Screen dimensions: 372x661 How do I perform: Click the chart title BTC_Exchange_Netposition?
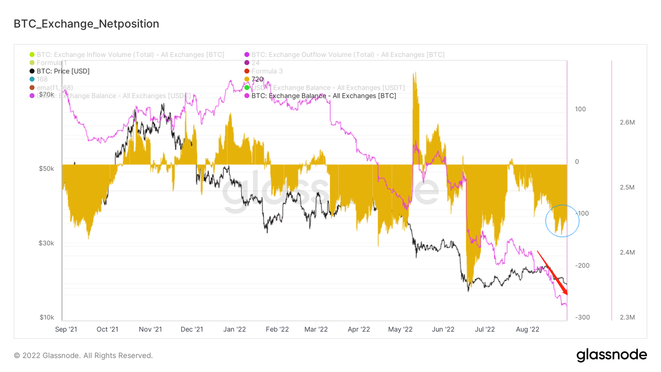[x=86, y=24]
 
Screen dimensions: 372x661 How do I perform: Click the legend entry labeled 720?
[x=257, y=79]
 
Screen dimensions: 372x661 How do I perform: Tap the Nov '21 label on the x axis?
[x=150, y=329]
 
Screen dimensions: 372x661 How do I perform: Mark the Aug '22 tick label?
[x=527, y=329]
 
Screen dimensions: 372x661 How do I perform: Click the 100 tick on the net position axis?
[x=580, y=109]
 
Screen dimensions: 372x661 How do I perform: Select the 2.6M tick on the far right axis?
[x=627, y=122]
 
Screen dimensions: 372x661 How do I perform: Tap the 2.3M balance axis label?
[x=627, y=317]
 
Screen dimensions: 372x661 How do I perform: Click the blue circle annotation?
[x=562, y=221]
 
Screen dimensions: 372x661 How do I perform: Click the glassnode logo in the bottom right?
[x=611, y=355]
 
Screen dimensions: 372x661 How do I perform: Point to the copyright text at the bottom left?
[x=83, y=355]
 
